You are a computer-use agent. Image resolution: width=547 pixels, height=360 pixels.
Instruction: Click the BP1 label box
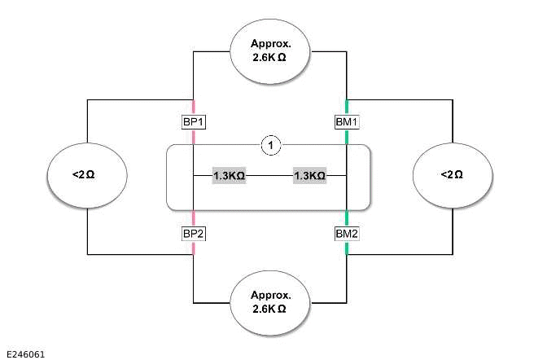193,122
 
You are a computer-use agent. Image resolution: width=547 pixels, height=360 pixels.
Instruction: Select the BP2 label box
193,234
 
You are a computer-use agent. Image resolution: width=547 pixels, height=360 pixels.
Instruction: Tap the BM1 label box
347,122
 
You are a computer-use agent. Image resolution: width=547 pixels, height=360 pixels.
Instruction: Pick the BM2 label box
347,234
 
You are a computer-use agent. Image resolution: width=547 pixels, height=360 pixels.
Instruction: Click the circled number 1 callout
270,146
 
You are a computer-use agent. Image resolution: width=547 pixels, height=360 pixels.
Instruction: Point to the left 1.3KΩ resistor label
229,175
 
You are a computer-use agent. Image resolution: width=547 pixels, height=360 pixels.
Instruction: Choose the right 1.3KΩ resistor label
309,175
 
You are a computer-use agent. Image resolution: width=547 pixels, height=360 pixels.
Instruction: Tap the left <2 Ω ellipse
86,175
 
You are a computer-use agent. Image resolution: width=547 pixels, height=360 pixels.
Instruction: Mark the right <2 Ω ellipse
453,175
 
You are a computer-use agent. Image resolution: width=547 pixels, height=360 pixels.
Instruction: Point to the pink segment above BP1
193,107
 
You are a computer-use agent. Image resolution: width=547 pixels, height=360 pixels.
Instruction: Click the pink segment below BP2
193,248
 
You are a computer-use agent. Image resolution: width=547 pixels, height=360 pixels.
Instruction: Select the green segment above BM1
347,107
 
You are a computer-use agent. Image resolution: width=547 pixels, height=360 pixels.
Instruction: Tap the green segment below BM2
347,248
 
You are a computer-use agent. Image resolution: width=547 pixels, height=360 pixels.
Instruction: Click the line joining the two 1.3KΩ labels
269,175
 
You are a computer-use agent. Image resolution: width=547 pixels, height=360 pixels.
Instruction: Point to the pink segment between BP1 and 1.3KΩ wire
193,138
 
